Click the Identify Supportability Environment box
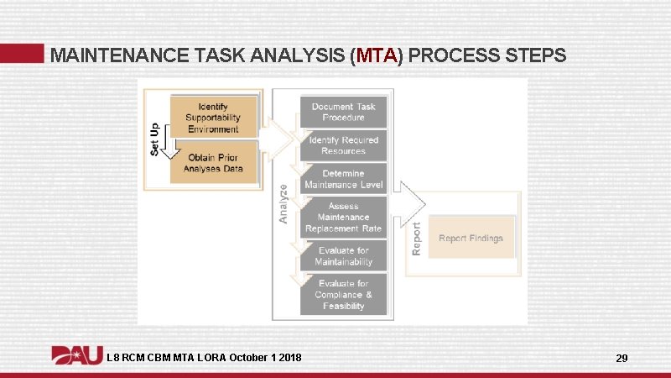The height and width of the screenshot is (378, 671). tap(212, 118)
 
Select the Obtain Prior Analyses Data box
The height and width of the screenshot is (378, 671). tap(212, 163)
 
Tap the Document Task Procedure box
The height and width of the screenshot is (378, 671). tap(343, 112)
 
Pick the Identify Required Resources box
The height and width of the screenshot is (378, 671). tap(343, 145)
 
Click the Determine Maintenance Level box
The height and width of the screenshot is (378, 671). tap(343, 179)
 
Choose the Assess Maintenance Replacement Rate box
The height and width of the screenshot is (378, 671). tap(343, 217)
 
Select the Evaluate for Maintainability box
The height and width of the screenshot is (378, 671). tap(343, 256)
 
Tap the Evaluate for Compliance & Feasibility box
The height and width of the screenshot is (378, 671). tap(343, 295)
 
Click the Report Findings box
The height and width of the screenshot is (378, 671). tap(471, 239)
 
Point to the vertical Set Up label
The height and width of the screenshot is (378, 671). tap(155, 139)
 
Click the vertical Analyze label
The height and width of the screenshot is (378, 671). tap(283, 204)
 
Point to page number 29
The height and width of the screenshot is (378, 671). tap(622, 359)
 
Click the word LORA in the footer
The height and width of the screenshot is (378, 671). tap(207, 359)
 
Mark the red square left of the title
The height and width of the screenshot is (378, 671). tap(22, 53)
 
